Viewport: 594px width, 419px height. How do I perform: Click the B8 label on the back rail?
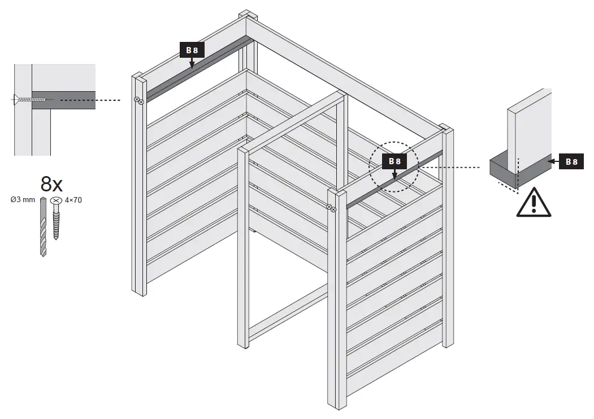[192, 50]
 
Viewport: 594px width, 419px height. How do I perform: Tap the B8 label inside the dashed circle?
[394, 161]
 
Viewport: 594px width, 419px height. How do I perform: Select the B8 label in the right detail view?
[571, 162]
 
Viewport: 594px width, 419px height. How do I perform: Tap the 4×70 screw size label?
[73, 200]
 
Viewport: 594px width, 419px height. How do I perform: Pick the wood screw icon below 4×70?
[55, 224]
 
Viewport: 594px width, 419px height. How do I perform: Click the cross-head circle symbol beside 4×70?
[55, 200]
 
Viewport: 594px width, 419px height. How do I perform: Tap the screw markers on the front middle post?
[331, 208]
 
